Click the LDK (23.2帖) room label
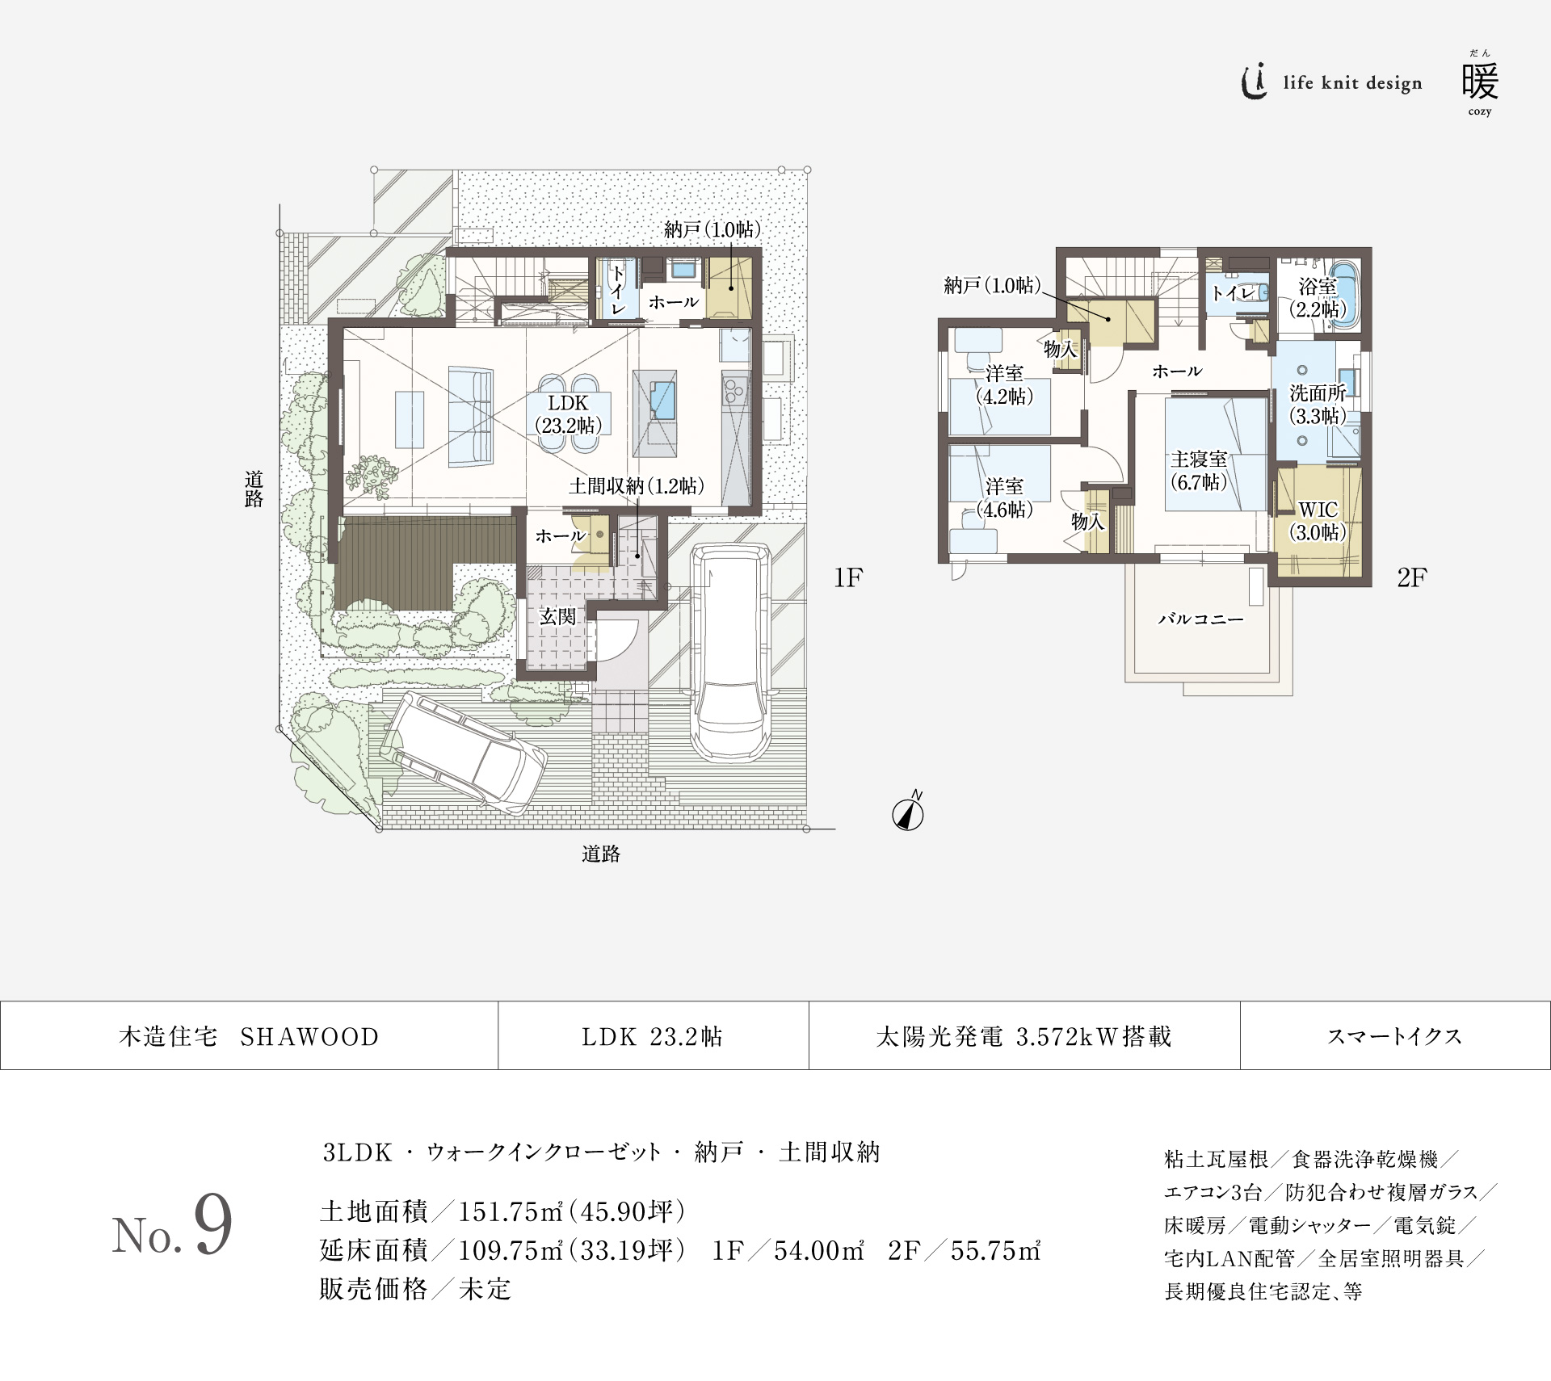coord(569,414)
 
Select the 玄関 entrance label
coord(557,616)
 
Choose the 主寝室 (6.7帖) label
coord(1199,471)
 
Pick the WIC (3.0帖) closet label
coord(1318,521)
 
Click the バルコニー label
coord(1200,619)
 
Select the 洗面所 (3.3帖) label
coord(1318,404)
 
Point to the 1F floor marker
coord(848,577)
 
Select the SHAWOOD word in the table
coord(309,1037)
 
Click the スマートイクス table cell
coord(1394,1037)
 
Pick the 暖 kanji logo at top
coord(1480,82)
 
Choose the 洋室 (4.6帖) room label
coord(1004,497)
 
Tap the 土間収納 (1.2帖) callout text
coord(637,486)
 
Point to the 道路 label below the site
coord(601,854)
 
